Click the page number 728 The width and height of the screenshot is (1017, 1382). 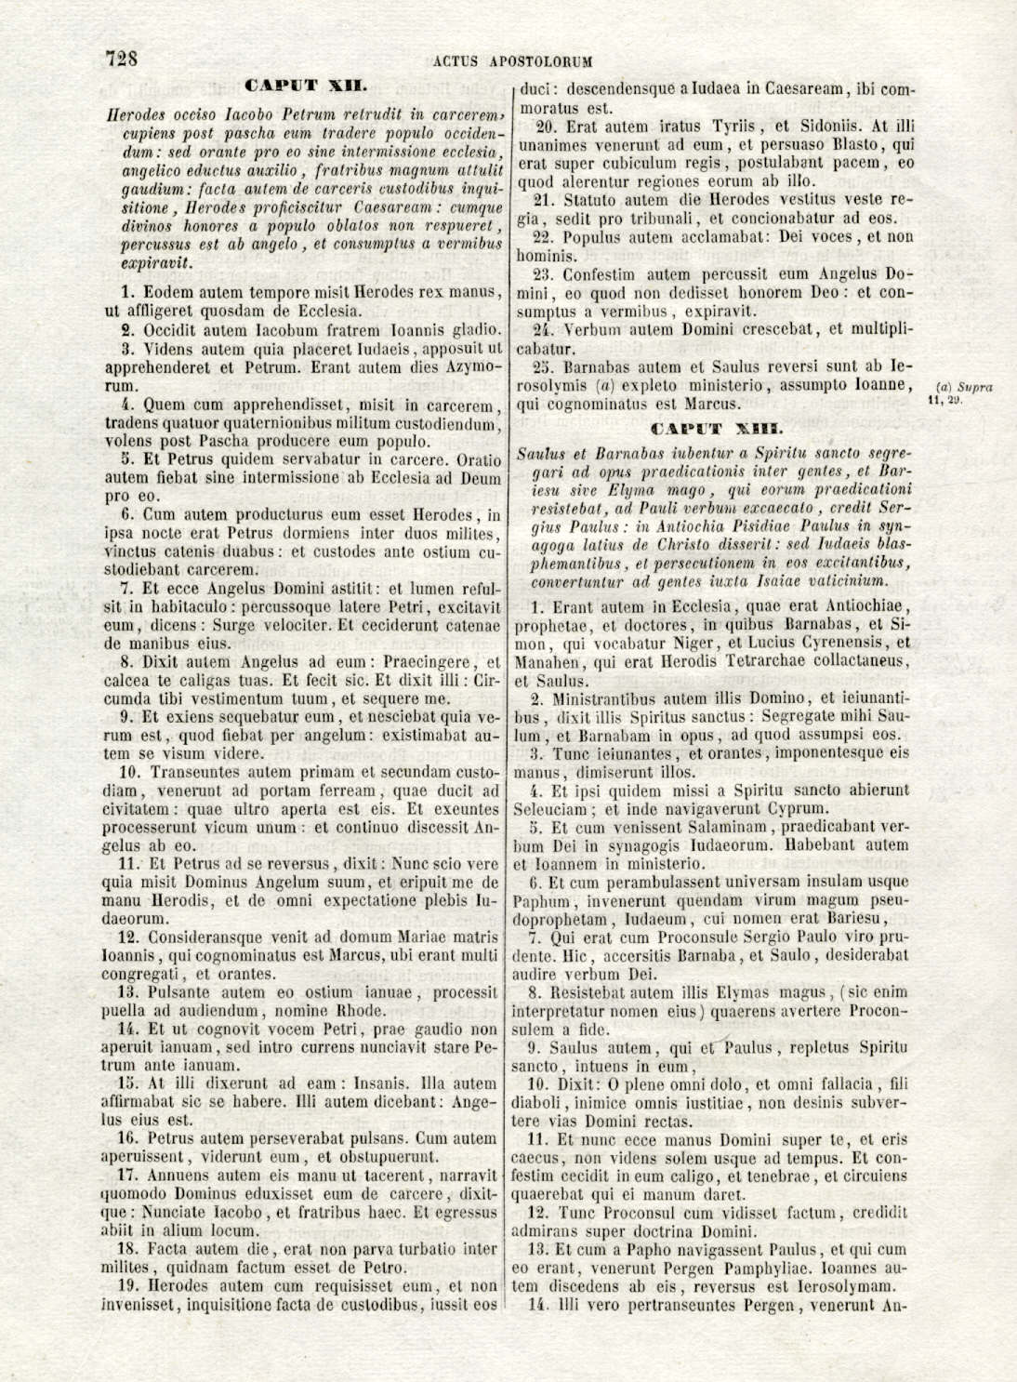122,59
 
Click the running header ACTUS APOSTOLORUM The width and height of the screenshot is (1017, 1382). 513,62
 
